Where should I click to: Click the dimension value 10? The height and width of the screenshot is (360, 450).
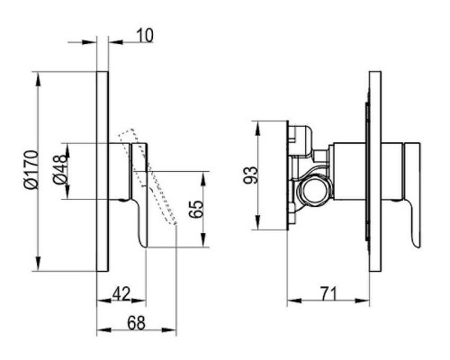click(x=145, y=35)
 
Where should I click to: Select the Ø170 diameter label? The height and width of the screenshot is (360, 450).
click(x=31, y=170)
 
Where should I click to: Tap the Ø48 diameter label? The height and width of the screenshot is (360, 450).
click(x=60, y=169)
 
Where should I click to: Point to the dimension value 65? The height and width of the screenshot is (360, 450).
click(x=196, y=209)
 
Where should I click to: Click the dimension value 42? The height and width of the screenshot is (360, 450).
click(x=121, y=293)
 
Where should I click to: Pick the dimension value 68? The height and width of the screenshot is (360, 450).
click(x=136, y=323)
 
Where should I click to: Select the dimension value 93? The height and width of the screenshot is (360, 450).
click(x=250, y=175)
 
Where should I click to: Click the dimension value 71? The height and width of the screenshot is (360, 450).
click(x=328, y=293)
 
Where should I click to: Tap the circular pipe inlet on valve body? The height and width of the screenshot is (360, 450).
click(x=312, y=190)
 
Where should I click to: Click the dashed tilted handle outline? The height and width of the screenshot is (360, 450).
click(x=147, y=176)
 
